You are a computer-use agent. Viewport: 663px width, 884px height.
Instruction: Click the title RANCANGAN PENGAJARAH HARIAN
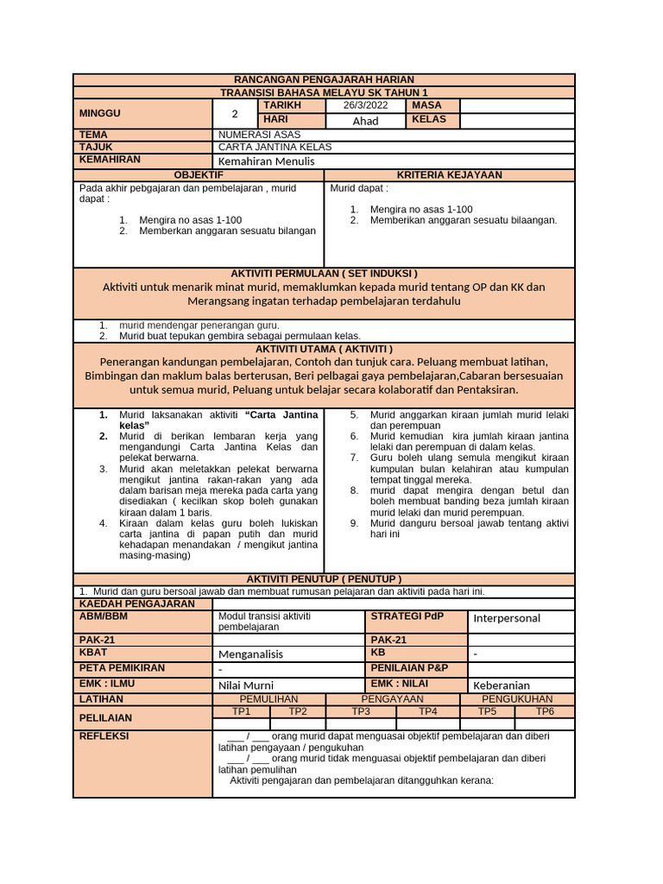pos(325,79)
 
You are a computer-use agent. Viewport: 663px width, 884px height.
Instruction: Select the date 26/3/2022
pos(366,105)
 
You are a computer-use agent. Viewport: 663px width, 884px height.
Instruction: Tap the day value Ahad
pos(366,121)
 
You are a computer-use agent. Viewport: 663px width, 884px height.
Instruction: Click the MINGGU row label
pos(100,113)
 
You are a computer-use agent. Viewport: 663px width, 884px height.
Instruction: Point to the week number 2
pos(235,113)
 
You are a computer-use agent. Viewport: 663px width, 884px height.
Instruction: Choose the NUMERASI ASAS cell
pos(257,135)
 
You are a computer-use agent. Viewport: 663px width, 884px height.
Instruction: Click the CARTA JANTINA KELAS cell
pos(275,147)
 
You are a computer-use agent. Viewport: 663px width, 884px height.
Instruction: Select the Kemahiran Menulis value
pos(267,161)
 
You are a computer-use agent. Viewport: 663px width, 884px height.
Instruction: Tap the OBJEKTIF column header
pos(199,175)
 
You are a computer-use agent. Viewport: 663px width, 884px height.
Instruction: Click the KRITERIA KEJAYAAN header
pos(449,175)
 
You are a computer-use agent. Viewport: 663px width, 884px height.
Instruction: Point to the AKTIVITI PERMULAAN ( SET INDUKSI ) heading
pos(325,273)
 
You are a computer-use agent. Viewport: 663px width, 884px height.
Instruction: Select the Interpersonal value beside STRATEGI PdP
pos(507,618)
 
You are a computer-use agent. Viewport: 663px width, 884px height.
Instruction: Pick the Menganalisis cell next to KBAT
pos(250,654)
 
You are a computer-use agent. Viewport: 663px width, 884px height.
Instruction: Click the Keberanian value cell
pos(502,685)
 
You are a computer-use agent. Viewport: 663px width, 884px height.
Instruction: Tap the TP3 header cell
pos(361,711)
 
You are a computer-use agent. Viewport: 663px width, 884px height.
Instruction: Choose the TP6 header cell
pos(544,711)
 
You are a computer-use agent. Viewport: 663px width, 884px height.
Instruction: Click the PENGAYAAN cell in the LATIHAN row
pos(393,699)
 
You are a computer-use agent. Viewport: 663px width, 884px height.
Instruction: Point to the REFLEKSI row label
pos(104,736)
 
